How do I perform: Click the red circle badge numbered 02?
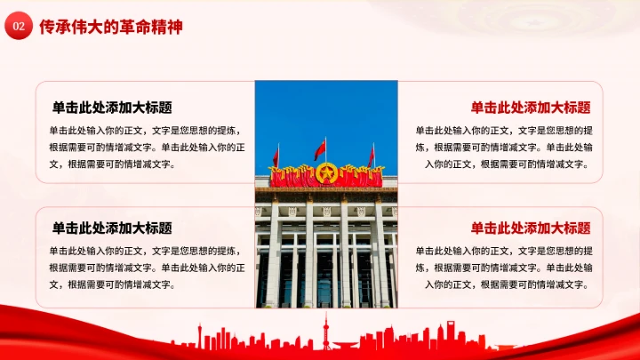(18, 27)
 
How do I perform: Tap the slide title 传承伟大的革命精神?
(111, 27)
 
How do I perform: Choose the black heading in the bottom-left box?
(112, 228)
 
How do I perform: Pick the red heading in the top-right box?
(531, 108)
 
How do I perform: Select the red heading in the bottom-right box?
(531, 228)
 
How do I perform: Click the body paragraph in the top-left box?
(148, 147)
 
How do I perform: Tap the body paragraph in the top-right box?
(505, 147)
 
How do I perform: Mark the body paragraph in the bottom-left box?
(148, 268)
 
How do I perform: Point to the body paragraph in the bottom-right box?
(505, 268)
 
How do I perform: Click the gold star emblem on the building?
(326, 173)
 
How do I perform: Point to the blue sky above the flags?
(326, 107)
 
